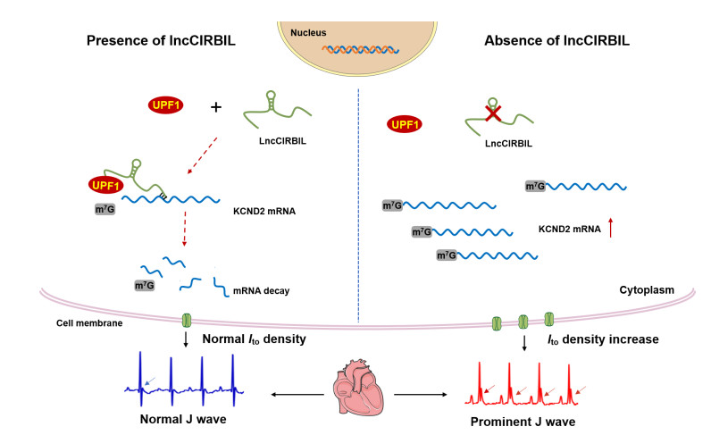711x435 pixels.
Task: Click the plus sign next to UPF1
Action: coord(215,107)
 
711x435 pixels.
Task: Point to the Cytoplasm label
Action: coord(646,291)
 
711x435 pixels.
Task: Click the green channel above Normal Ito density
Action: coord(188,319)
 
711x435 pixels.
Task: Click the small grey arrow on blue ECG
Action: coord(155,381)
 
